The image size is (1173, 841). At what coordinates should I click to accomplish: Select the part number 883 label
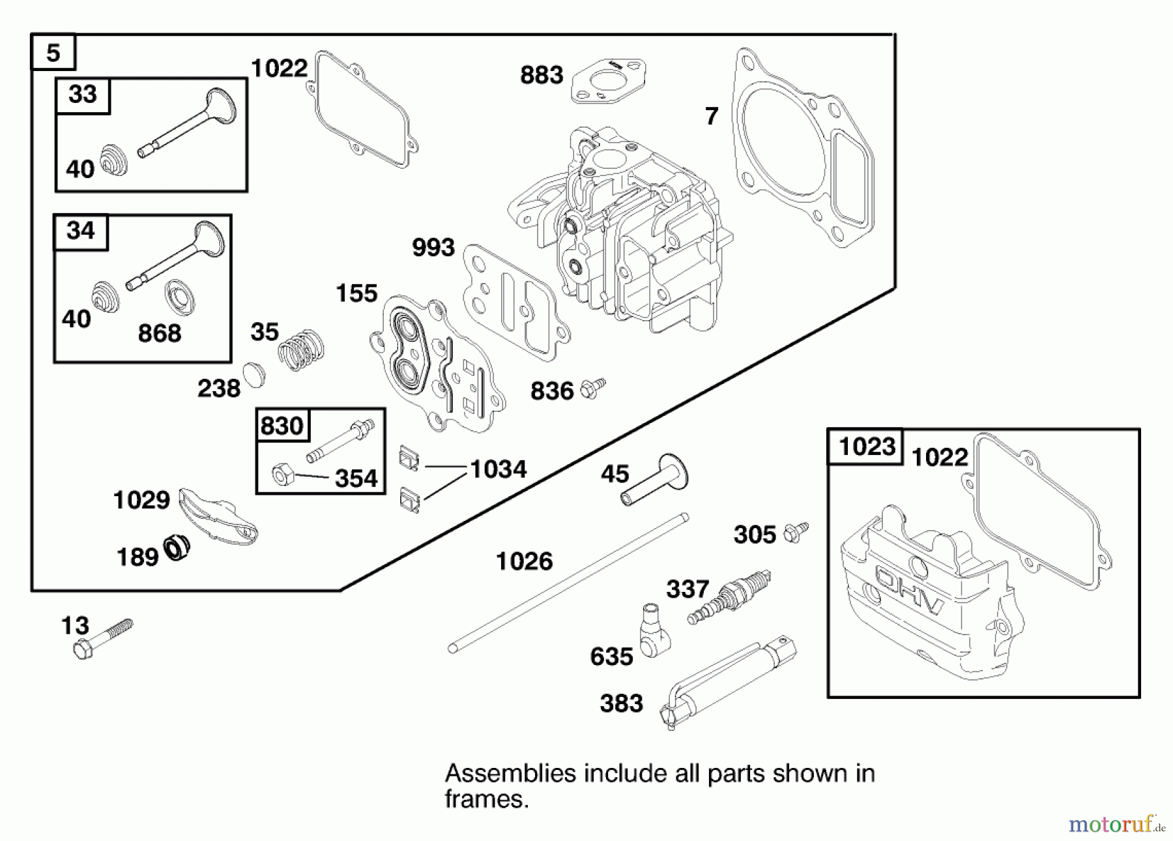coord(541,76)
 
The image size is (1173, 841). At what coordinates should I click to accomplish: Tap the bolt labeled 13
coord(101,640)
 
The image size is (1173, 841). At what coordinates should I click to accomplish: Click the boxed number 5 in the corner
coord(53,52)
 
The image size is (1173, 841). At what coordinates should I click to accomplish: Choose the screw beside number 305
coord(796,531)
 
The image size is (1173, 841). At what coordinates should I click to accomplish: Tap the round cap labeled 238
coord(253,376)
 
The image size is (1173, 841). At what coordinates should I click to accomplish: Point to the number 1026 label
coord(524,561)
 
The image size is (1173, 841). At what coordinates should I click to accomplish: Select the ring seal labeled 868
coord(180,297)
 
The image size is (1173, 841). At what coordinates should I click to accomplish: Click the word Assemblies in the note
coord(510,774)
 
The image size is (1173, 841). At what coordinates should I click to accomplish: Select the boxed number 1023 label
coord(865,447)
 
